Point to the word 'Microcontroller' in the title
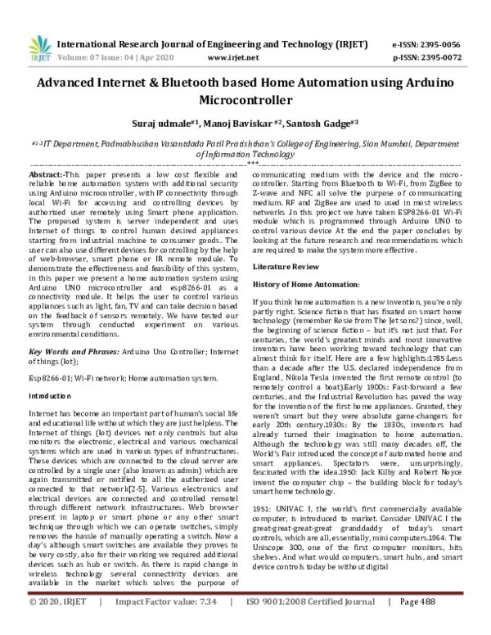(x=245, y=101)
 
